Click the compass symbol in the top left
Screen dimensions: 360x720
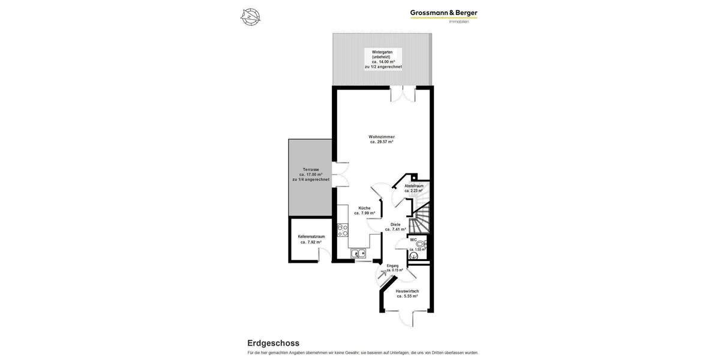coord(250,17)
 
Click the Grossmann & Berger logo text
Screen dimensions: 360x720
coord(443,13)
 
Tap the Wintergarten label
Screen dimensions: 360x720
coord(382,52)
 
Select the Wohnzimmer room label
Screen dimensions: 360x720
coord(382,137)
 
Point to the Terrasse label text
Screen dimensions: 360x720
coord(311,169)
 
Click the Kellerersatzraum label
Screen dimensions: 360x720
coord(311,236)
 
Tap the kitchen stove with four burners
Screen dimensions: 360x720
coord(343,230)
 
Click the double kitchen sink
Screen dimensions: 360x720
coord(358,253)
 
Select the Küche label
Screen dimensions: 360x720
coord(364,208)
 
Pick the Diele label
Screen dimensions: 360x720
coord(395,224)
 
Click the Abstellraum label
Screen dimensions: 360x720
coord(414,186)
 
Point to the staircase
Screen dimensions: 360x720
coord(421,219)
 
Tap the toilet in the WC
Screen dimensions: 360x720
coord(414,256)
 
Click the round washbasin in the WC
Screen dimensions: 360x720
coord(420,244)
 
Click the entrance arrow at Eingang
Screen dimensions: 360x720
coord(383,275)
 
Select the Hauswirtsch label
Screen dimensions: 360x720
coord(407,291)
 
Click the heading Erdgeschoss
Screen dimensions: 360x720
coord(273,343)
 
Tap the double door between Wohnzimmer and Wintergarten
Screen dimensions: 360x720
coord(403,94)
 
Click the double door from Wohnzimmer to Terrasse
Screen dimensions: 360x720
coord(341,174)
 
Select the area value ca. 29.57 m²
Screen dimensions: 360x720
coord(382,142)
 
